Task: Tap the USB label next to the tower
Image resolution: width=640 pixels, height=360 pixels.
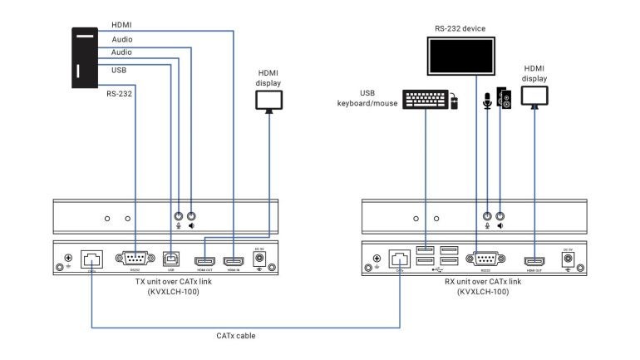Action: click(119, 70)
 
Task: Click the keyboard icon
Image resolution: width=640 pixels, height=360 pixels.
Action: click(425, 100)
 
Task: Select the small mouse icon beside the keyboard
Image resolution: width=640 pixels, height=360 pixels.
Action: click(454, 103)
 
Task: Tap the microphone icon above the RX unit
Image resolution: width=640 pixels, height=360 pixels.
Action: click(488, 101)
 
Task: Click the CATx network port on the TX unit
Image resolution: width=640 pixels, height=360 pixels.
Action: click(91, 259)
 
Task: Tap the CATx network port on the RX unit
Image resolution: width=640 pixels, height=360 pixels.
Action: click(399, 259)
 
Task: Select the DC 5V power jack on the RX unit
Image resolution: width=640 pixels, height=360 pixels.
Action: click(569, 259)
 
